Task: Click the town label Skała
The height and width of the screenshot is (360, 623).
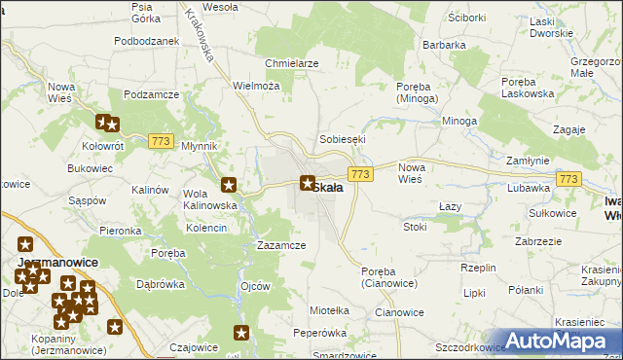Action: coord(327,188)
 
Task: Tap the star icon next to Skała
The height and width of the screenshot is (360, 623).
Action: coord(308,182)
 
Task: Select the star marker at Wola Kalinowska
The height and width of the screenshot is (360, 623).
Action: coord(230,185)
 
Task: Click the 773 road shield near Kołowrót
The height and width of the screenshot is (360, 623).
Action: coord(162,142)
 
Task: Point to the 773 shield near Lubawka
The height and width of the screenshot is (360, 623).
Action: coord(568,179)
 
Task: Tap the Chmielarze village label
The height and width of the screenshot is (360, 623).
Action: coord(292,63)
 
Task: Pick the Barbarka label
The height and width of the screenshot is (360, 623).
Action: coord(444,45)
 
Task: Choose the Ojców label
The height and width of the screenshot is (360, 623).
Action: coord(254,287)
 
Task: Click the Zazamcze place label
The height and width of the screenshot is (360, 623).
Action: coord(281,246)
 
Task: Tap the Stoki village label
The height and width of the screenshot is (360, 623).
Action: coord(415,227)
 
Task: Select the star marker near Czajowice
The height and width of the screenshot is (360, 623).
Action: coord(241,334)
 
